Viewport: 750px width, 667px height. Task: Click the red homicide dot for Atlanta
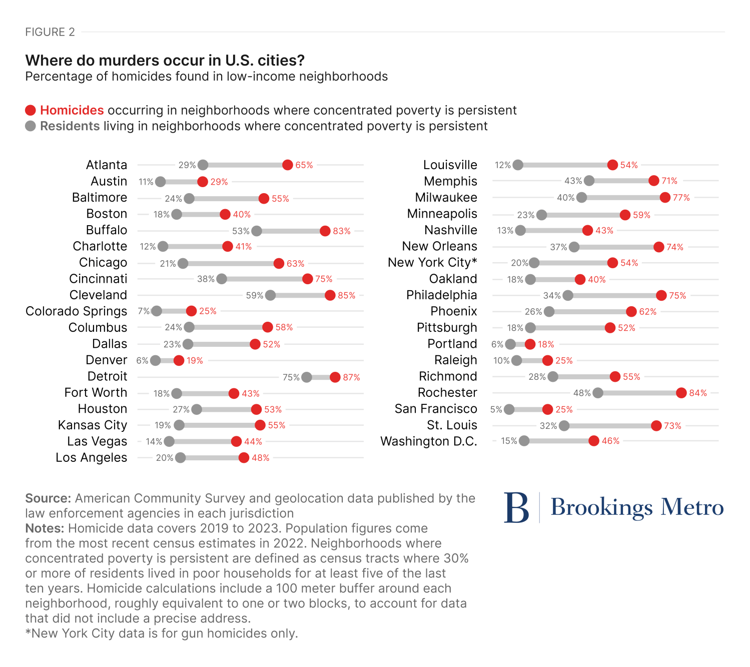click(287, 165)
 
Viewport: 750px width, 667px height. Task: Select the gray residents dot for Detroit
click(307, 377)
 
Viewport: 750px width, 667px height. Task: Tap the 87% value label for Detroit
click(351, 377)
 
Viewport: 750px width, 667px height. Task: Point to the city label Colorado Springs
click(77, 311)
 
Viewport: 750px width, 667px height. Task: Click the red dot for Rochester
click(681, 393)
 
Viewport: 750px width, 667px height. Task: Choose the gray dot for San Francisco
click(509, 409)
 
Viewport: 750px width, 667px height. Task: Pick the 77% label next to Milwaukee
click(681, 198)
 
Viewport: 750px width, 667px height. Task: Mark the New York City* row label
click(432, 263)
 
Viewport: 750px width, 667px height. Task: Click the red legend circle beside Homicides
click(31, 110)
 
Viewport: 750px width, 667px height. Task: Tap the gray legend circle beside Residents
click(31, 126)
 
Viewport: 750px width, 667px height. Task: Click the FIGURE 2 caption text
click(50, 32)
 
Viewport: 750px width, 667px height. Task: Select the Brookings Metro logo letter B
click(516, 508)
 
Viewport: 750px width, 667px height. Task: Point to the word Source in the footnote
click(48, 498)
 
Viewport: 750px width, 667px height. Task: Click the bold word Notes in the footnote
click(45, 528)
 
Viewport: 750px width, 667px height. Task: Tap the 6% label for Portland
click(497, 344)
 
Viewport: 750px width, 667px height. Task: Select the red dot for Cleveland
click(330, 295)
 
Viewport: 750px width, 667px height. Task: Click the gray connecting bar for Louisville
click(565, 165)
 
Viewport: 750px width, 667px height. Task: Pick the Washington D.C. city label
click(429, 441)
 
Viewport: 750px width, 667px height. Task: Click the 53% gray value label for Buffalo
click(241, 231)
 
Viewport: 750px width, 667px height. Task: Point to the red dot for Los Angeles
click(244, 458)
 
